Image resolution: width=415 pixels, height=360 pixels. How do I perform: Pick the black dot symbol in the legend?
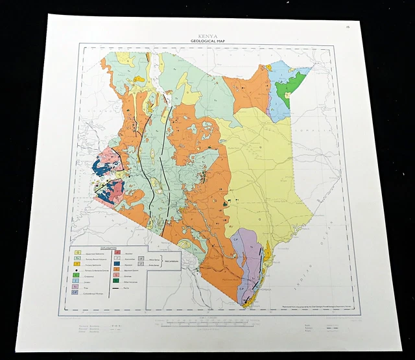click(78, 270)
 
